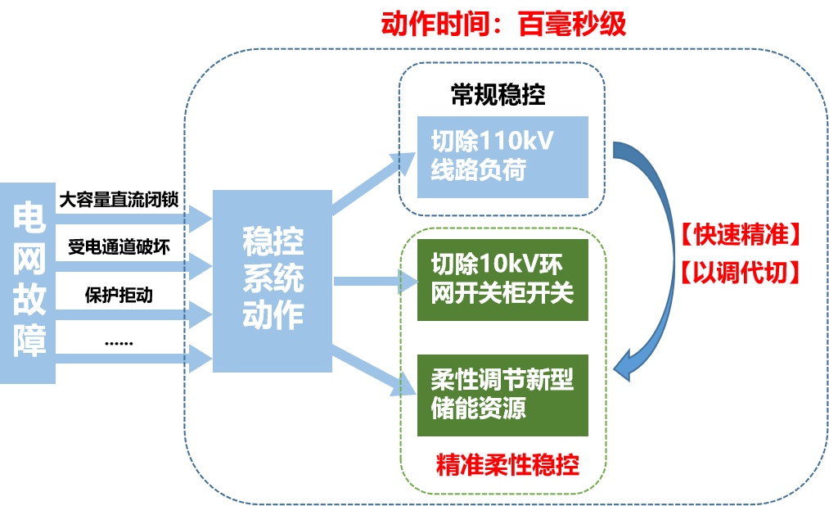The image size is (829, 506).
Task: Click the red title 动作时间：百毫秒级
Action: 503,25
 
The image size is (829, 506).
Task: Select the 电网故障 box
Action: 29,282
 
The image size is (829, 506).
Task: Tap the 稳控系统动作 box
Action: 273,280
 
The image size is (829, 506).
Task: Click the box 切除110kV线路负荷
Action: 502,157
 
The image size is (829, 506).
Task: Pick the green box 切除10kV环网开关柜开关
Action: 502,280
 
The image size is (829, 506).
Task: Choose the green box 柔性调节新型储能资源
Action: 502,395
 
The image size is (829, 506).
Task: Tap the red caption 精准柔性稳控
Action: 507,465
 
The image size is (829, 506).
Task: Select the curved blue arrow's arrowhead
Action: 626,364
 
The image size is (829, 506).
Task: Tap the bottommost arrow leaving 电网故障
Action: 131,356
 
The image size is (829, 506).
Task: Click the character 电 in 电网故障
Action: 29,217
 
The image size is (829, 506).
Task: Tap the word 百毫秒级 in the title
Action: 573,25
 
